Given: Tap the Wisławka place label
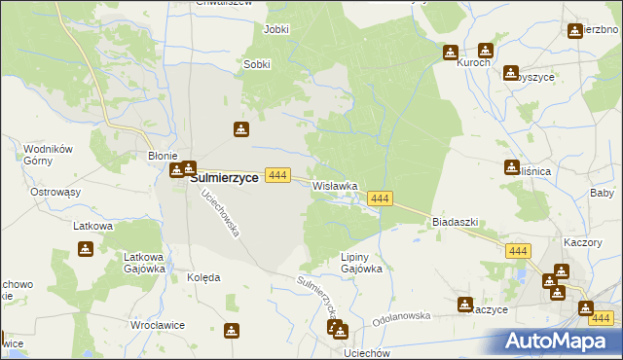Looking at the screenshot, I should pyautogui.click(x=335, y=185).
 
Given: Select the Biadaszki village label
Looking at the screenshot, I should pyautogui.click(x=455, y=222).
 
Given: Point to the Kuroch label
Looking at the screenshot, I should pyautogui.click(x=473, y=64).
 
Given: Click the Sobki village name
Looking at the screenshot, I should pyautogui.click(x=257, y=64).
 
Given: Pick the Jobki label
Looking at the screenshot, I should pyautogui.click(x=276, y=29).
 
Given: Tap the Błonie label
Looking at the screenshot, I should pyautogui.click(x=162, y=156).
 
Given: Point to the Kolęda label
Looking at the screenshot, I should pyautogui.click(x=203, y=277).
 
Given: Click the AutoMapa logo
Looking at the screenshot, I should pyautogui.click(x=561, y=342).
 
